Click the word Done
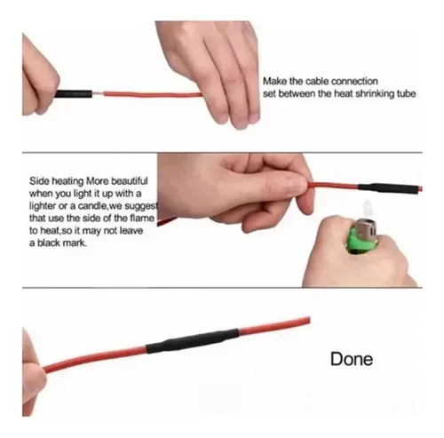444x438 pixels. (x=352, y=359)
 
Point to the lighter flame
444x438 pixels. (x=367, y=209)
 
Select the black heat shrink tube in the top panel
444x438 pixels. (x=74, y=94)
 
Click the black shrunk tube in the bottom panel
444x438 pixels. (x=193, y=341)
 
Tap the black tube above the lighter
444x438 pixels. (x=388, y=188)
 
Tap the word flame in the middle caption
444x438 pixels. (x=142, y=218)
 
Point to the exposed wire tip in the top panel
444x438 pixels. (x=98, y=94)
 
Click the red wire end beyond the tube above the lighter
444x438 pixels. (x=420, y=188)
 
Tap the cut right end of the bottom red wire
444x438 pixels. (x=309, y=321)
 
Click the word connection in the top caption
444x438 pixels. (x=354, y=81)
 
